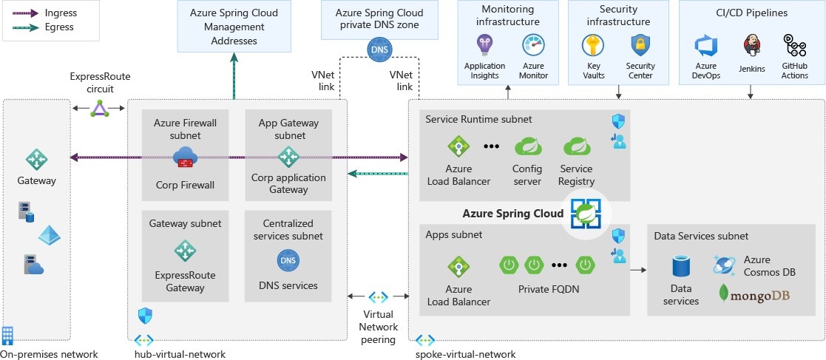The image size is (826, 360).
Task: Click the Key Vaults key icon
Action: (x=593, y=47)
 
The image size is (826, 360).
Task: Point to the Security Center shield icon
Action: (x=640, y=47)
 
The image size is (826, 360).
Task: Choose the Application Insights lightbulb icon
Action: (x=484, y=47)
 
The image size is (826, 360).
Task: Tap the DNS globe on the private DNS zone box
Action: (x=379, y=49)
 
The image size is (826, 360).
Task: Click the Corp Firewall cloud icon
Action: (x=184, y=157)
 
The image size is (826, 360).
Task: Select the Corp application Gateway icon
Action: (x=288, y=157)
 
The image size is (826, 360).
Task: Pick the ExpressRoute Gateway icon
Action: (x=184, y=251)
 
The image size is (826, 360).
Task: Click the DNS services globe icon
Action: (x=288, y=260)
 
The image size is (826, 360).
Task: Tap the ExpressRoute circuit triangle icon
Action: (x=99, y=109)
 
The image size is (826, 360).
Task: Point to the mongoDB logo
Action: (x=754, y=296)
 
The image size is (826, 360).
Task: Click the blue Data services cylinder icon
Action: (x=681, y=267)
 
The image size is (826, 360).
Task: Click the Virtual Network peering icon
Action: (x=379, y=296)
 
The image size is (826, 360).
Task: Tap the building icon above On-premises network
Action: (x=8, y=335)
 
